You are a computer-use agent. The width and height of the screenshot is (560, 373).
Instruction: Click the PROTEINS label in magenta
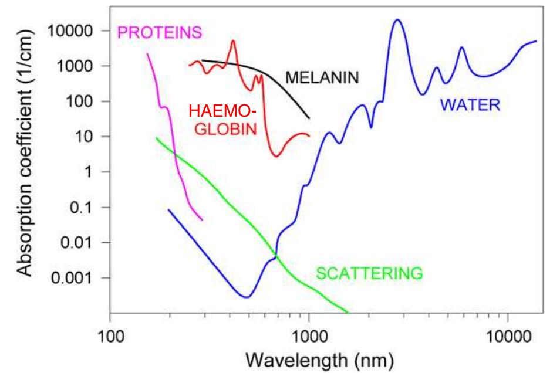pos(160,32)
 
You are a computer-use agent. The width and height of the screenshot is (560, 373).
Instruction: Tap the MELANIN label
pos(322,77)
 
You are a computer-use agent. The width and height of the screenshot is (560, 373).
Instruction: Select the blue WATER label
pos(470,105)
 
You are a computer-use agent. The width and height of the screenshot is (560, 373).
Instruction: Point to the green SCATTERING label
pos(369,273)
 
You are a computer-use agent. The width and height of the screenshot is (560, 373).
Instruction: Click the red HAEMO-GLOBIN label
pos(223,120)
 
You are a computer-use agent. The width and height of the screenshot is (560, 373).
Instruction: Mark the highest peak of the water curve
pos(398,19)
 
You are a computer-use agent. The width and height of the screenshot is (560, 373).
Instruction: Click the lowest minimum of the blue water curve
pos(247,297)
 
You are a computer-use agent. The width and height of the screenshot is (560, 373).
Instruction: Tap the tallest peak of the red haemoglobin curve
pos(233,40)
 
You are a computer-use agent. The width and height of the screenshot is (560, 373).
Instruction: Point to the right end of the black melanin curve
pos(309,118)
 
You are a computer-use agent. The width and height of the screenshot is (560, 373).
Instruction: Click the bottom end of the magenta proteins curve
pos(202,219)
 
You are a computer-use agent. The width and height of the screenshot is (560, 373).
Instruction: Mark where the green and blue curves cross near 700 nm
pos(275,255)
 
